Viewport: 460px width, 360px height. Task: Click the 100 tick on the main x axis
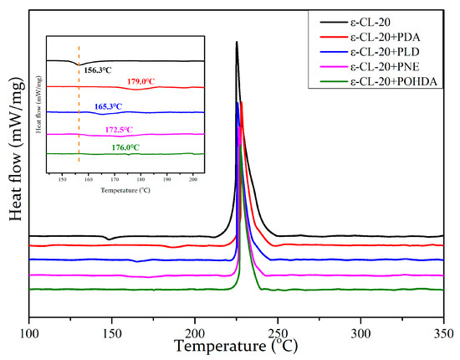tap(29, 332)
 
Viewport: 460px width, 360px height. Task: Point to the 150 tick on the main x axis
tap(112, 332)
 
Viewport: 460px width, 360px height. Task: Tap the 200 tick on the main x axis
tap(195, 332)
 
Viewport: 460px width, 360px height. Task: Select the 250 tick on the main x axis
tap(278, 332)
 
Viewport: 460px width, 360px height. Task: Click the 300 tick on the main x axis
tap(360, 332)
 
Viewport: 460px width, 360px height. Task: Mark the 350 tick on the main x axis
tap(443, 332)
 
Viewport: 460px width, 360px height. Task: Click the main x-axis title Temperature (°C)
tap(237, 346)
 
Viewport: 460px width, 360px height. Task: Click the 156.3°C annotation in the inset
tap(101, 71)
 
